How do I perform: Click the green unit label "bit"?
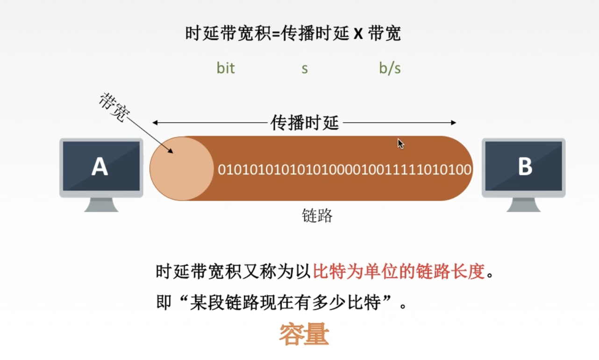226,68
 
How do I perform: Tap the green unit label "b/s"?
390,68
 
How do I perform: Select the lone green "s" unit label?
305,69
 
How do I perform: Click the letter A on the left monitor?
100,166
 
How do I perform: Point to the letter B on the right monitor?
525,166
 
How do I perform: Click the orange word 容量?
304,335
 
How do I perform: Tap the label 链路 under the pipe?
317,216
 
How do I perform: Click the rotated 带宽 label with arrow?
113,108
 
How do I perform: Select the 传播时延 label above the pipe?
305,123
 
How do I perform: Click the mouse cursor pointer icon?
400,144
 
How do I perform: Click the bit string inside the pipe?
345,169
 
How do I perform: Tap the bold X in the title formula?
358,34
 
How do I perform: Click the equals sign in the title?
275,35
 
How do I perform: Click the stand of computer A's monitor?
101,205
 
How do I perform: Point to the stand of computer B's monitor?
523,205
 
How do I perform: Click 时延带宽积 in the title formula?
228,34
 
